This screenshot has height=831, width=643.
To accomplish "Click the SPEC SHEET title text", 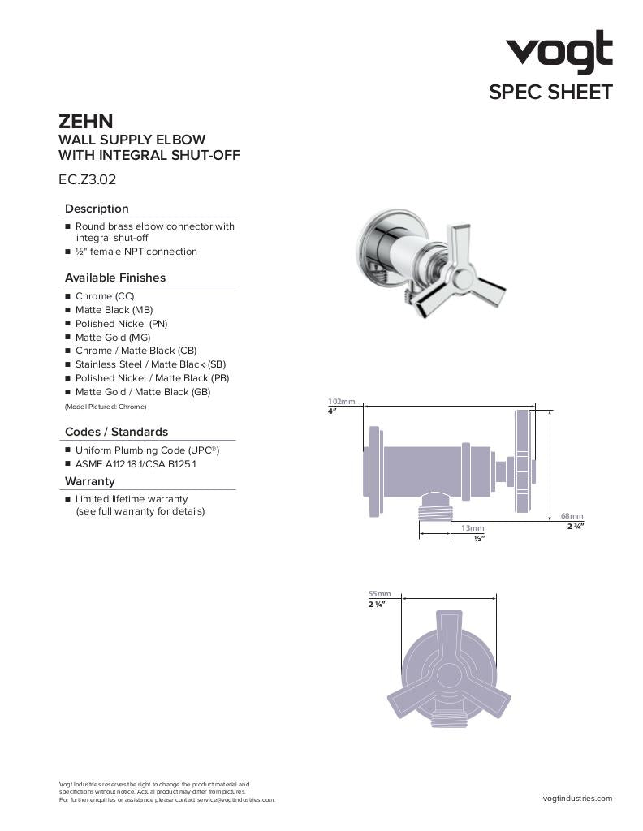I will click(x=550, y=93).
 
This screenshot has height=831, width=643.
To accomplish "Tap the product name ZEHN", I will click(x=85, y=122).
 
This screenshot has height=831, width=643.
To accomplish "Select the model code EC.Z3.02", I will click(x=87, y=179).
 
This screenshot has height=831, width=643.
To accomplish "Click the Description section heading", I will click(x=97, y=209).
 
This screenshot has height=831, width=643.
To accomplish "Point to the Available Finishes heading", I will click(x=114, y=278).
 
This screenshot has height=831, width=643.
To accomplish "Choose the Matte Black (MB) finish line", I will click(x=114, y=310).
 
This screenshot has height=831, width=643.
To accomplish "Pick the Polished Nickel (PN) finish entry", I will click(x=121, y=323).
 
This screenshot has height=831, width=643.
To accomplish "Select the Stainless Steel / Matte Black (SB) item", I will click(x=150, y=364).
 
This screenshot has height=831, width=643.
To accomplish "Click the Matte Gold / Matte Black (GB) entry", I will click(x=142, y=392).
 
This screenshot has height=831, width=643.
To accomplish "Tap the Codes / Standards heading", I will click(x=116, y=432).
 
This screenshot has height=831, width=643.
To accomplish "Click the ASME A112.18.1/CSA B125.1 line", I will click(x=135, y=463).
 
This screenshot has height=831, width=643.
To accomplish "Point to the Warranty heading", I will click(x=90, y=481).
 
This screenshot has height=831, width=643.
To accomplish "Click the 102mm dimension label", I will click(x=341, y=402).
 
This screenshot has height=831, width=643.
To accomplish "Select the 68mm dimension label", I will click(x=572, y=516).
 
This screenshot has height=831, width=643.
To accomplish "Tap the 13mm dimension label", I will click(x=473, y=528).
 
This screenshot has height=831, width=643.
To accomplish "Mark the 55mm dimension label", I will click(x=379, y=594).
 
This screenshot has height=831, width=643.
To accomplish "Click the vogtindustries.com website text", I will click(x=577, y=799).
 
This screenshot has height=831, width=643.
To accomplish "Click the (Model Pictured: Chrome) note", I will click(x=106, y=406).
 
